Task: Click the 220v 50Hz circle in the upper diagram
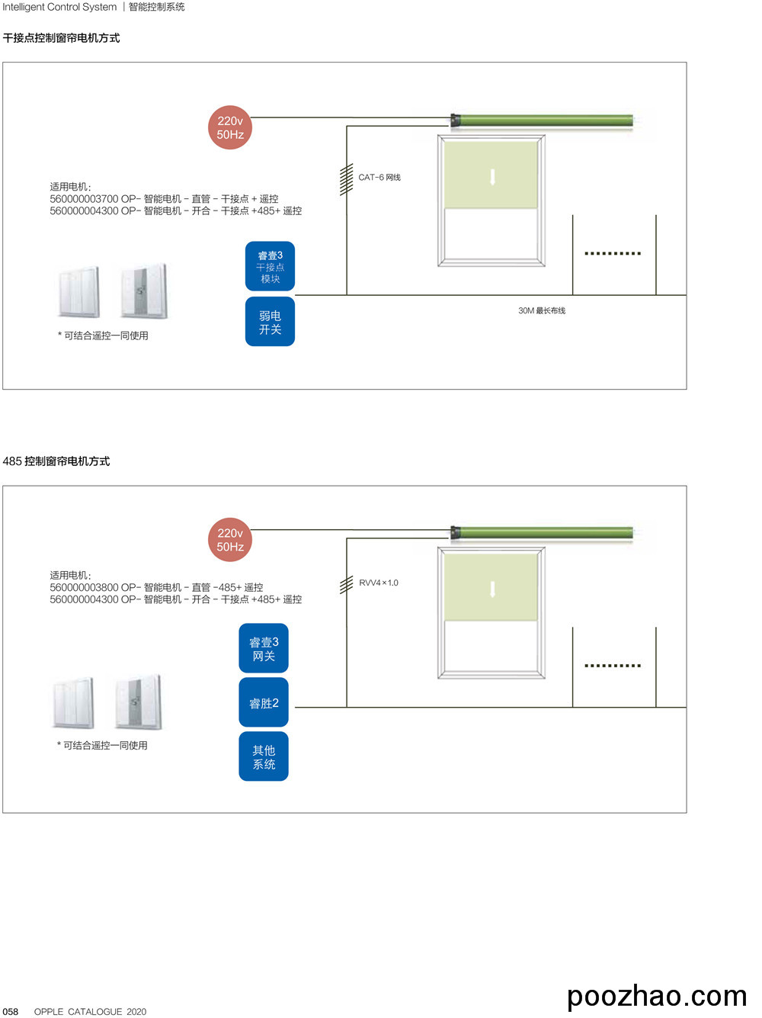229,127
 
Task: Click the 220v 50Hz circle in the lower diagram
229,540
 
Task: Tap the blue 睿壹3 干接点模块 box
270,266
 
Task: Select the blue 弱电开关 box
270,322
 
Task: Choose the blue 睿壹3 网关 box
264,648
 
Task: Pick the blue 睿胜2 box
264,703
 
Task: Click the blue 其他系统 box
264,756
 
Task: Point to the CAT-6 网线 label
379,178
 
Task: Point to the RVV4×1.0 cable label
379,583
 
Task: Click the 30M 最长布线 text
542,310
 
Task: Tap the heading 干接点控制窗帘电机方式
61,38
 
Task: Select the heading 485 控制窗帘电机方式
56,461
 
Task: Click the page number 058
11,1011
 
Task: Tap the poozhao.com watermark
657,996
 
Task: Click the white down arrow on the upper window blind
492,177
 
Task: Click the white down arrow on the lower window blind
492,589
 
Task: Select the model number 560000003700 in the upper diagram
84,199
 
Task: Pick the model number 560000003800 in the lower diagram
84,588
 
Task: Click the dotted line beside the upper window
613,253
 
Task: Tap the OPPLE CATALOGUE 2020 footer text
90,1011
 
